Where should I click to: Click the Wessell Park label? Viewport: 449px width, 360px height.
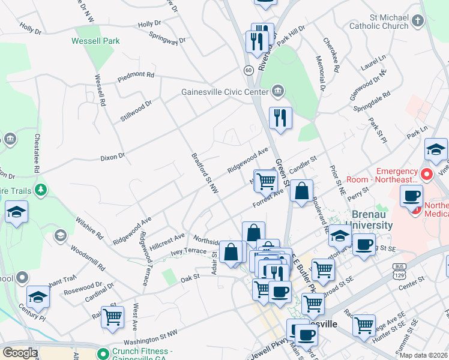coord(95,41)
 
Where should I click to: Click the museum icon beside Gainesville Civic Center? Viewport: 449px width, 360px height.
coord(277,91)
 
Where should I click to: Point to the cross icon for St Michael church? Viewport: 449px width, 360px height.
coord(418,21)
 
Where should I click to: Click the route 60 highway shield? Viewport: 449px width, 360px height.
coord(248,70)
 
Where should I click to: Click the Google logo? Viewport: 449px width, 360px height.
coord(20,352)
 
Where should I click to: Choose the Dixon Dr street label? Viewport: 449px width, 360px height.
coord(112,157)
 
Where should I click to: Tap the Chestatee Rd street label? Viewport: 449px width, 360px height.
coord(37,152)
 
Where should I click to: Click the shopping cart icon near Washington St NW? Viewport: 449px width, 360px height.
coord(112,317)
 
